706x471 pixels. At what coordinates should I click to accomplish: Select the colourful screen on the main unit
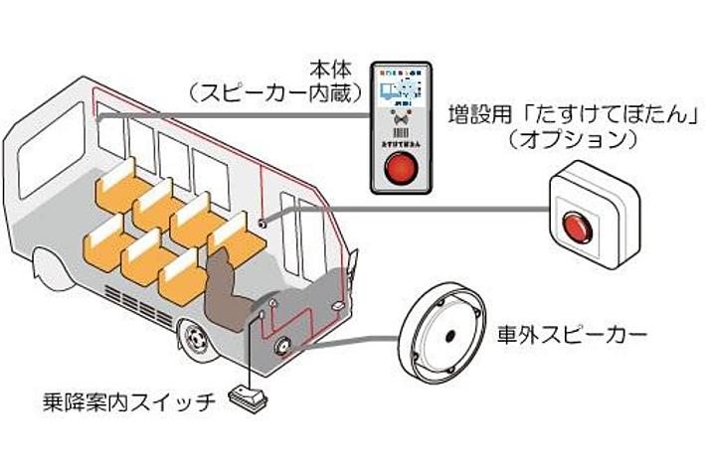click(x=404, y=87)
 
